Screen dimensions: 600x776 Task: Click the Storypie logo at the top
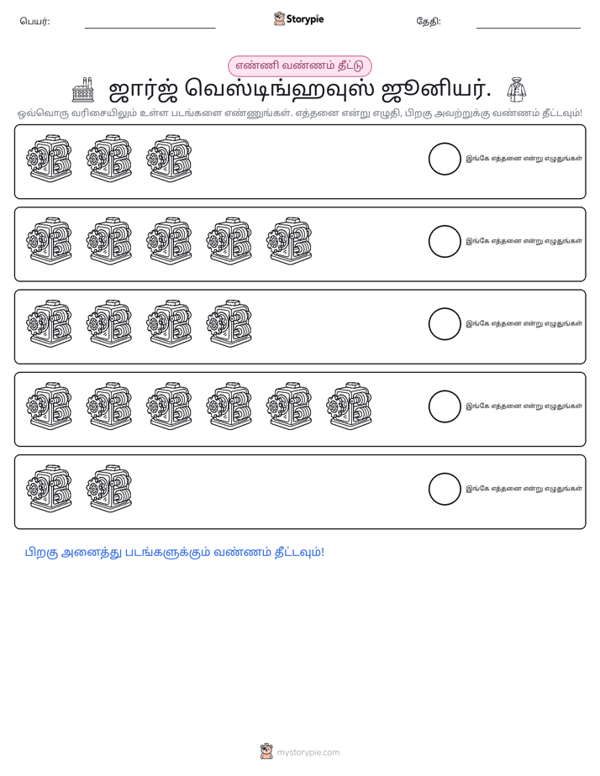(298, 19)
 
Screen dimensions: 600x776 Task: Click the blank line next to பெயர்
(150, 29)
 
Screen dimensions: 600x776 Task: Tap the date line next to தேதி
(529, 29)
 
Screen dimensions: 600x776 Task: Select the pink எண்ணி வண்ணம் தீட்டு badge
(299, 66)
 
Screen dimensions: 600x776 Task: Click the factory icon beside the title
(82, 90)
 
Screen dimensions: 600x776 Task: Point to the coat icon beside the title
(516, 90)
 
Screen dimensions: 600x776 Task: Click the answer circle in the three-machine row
(445, 159)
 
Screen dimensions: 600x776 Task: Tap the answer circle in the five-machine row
(445, 242)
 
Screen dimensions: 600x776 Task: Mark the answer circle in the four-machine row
(445, 324)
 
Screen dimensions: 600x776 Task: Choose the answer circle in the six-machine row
(445, 406)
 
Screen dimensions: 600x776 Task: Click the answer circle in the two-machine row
(445, 489)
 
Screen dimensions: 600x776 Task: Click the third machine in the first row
(169, 159)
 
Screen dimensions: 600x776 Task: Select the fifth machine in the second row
(290, 241)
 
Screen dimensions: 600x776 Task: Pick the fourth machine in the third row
(229, 323)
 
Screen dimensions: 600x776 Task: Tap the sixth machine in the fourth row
(350, 406)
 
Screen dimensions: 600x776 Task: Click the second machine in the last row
(109, 489)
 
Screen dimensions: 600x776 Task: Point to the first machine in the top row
(50, 159)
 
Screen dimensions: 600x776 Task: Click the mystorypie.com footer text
(308, 752)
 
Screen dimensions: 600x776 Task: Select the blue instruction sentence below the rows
(175, 553)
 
